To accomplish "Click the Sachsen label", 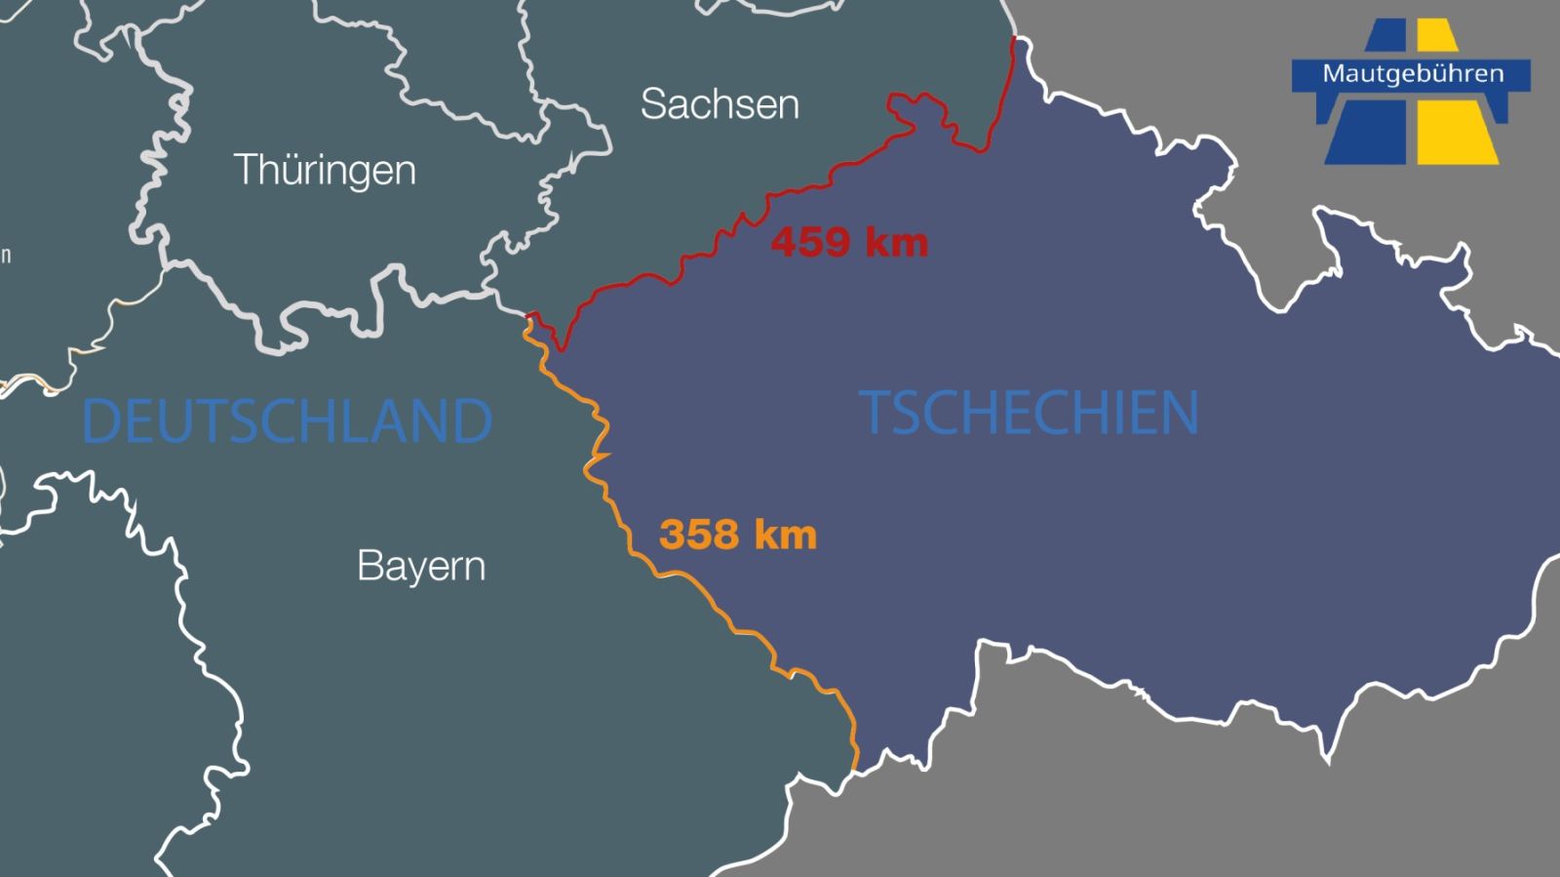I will point(720,104).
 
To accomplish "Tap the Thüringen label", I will point(325,170).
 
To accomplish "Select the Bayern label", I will point(421,566).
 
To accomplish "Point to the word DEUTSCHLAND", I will point(287,420).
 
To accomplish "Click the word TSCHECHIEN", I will point(1029,412).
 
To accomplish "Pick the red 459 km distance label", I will point(849,242).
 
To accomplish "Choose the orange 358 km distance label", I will point(738,535).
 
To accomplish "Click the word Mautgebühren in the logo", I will point(1413,74).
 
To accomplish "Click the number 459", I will point(812,242).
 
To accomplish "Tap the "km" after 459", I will point(897,242).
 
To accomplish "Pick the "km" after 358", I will point(785,535).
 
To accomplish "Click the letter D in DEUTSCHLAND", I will point(100,420).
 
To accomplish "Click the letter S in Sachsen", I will point(654,104).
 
